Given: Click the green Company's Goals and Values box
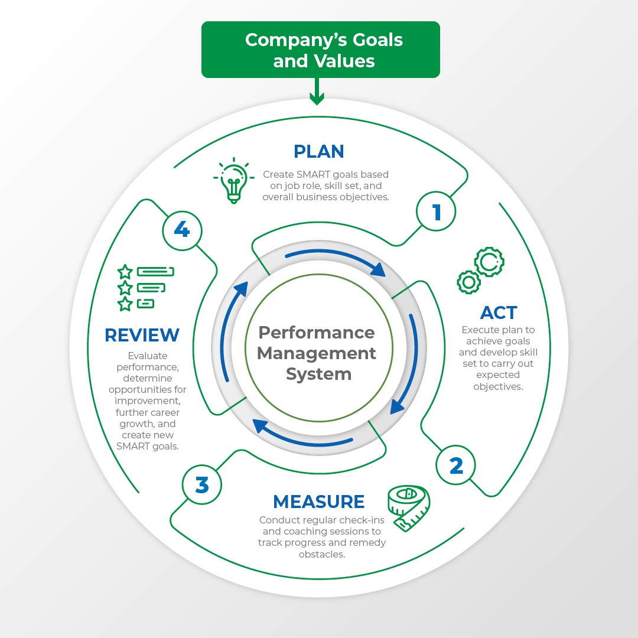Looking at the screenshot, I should [321, 50].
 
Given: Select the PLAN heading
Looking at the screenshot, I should [319, 152].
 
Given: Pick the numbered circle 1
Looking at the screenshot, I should [436, 212].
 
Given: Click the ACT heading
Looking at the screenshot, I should [499, 313].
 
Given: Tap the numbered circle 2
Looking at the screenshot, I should [456, 466].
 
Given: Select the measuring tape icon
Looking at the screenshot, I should [408, 507].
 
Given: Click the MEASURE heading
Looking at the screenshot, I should [318, 502].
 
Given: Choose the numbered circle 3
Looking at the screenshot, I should [202, 485].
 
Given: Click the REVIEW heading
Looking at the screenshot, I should [142, 335].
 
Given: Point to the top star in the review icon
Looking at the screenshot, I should [125, 272].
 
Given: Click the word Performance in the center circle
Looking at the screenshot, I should [317, 333].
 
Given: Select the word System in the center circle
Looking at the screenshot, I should [318, 374].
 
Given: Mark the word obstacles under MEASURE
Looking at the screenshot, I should [322, 554].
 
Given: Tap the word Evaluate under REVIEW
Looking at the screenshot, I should [148, 356].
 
